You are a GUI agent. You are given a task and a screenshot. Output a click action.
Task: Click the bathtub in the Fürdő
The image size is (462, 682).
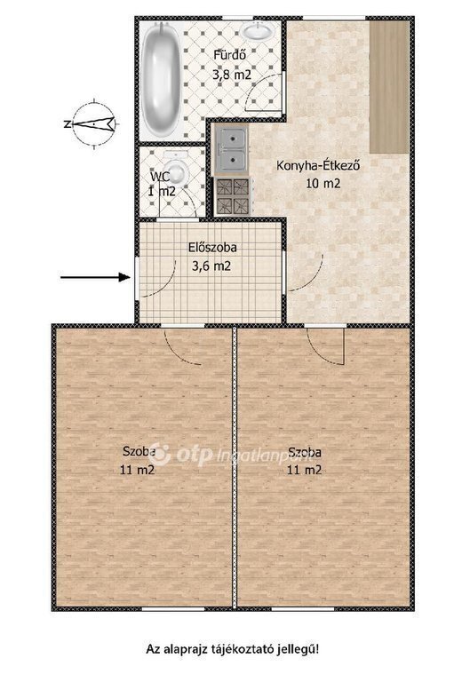click(160, 78)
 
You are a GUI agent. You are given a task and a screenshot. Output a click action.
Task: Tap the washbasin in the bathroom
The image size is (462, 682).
click(257, 31)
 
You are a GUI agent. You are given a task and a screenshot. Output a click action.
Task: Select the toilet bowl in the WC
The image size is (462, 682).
click(177, 170)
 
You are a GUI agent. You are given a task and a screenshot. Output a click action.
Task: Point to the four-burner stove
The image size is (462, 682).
click(233, 196)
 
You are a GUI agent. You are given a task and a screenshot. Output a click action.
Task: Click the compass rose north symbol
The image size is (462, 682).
click(92, 124)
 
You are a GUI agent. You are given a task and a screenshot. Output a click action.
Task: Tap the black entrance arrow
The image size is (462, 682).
click(95, 277)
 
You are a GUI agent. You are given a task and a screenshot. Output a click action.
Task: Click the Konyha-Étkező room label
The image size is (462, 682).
click(318, 166)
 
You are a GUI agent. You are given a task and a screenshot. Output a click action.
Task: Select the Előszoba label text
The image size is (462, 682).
click(212, 248)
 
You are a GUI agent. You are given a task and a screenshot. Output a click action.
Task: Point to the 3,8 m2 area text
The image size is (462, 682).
click(232, 75)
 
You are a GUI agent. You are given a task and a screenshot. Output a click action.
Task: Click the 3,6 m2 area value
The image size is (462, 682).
click(211, 266)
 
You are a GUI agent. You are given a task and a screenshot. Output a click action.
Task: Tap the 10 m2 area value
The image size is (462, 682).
click(323, 184)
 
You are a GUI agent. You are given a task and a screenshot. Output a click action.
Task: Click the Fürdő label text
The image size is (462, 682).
click(230, 55)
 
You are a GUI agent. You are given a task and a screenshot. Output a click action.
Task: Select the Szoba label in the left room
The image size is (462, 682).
click(139, 451)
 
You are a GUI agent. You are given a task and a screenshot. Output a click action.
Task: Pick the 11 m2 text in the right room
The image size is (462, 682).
click(304, 470)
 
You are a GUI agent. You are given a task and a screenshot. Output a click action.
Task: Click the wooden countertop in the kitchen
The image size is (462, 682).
click(389, 86)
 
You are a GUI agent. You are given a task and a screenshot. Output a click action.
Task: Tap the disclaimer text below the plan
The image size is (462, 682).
click(232, 650)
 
